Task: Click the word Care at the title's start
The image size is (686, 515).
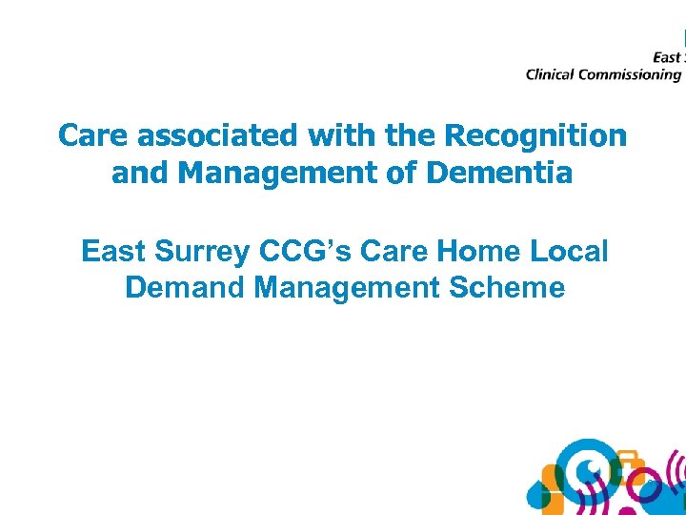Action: pyautogui.click(x=93, y=135)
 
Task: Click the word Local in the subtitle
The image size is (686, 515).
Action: pyautogui.click(x=567, y=251)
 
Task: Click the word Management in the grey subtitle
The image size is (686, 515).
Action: pyautogui.click(x=346, y=288)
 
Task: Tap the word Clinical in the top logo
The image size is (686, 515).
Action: pyautogui.click(x=552, y=74)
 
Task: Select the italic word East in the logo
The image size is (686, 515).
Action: pyautogui.click(x=666, y=57)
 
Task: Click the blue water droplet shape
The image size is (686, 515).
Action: pyautogui.click(x=541, y=493)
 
